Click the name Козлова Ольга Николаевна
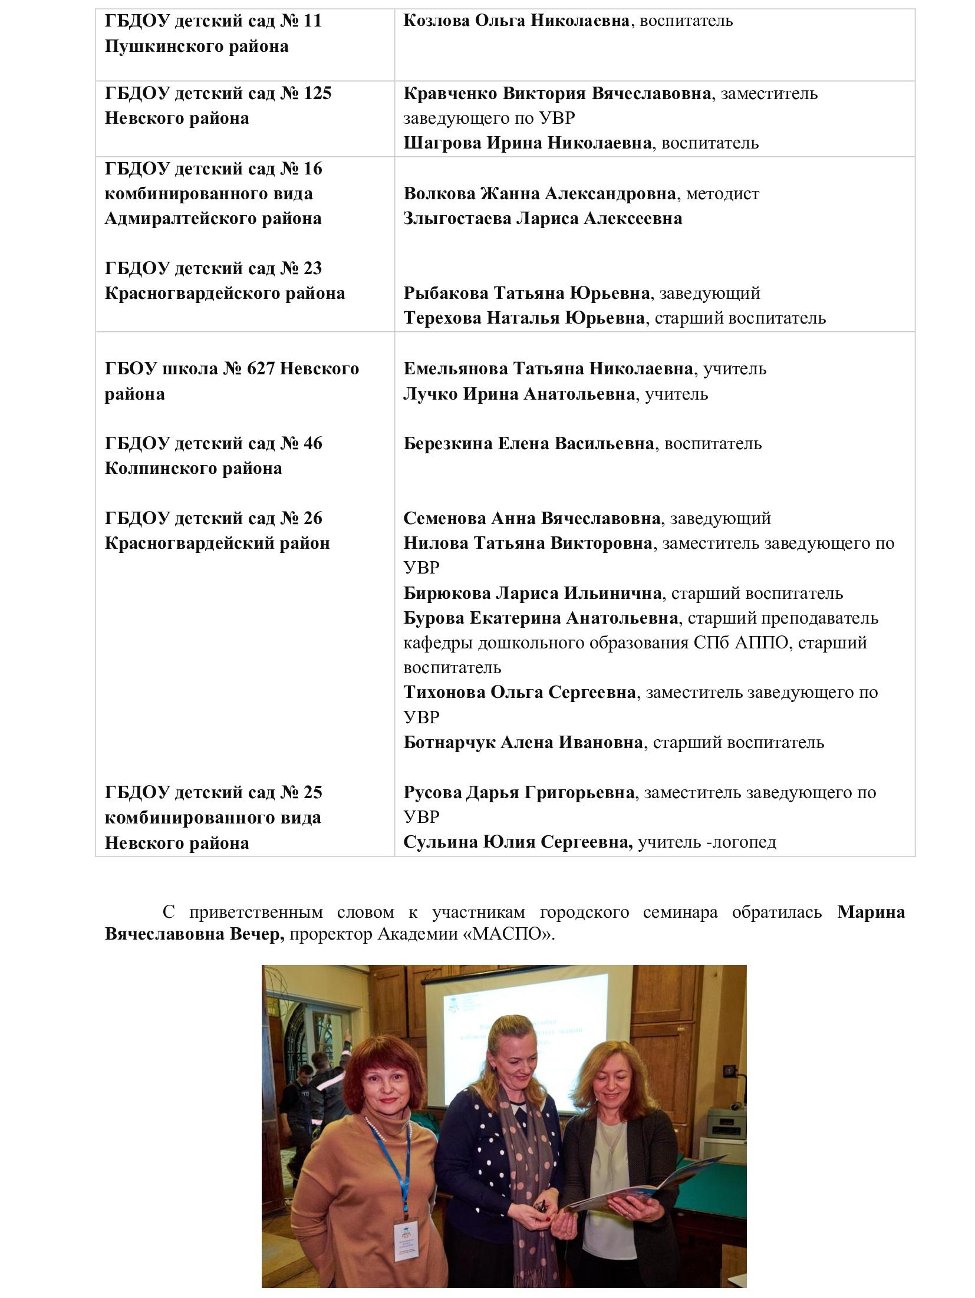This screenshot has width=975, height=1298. (x=516, y=21)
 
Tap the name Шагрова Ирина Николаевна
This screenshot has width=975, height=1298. (x=527, y=143)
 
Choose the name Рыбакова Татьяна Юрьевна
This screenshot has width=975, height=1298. (x=526, y=293)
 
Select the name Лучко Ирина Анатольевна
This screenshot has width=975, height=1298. (x=519, y=394)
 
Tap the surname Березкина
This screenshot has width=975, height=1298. (x=447, y=443)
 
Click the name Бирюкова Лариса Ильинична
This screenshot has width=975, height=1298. (x=532, y=593)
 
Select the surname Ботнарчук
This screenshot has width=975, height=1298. (x=449, y=742)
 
